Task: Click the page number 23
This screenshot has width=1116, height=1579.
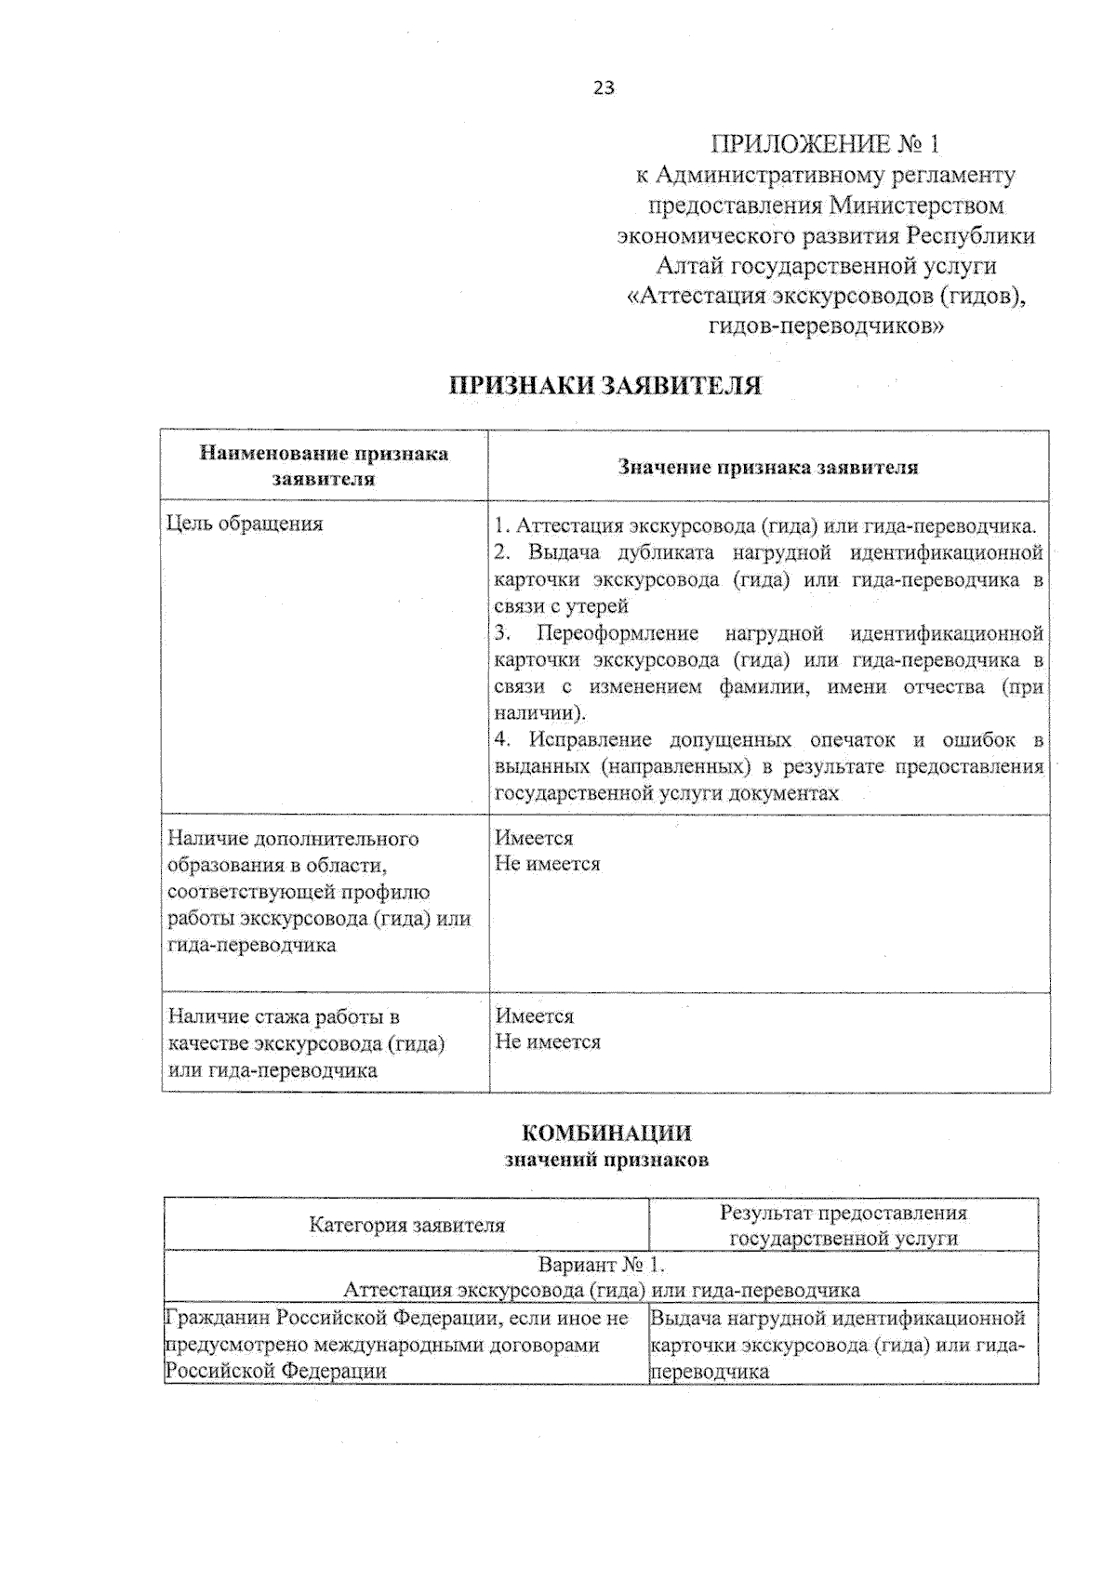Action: [603, 88]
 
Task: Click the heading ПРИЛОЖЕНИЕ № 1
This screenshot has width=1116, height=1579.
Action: [825, 144]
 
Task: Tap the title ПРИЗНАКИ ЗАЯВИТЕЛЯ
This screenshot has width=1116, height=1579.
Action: [605, 386]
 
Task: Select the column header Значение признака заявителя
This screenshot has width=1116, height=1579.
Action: [768, 467]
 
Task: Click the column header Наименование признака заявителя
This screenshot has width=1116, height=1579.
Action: [324, 466]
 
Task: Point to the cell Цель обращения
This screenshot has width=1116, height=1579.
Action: [245, 524]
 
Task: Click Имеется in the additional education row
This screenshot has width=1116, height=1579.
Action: [534, 838]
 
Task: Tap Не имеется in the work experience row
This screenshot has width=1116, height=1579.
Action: [548, 1042]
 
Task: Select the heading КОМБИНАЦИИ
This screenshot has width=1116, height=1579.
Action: [606, 1133]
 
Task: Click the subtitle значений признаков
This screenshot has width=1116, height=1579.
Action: [606, 1160]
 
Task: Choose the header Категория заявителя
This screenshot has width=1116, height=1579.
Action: [406, 1225]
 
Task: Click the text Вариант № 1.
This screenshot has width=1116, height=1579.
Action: [603, 1265]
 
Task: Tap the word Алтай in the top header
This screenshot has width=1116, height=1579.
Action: [689, 266]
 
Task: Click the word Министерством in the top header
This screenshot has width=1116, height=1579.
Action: [917, 205]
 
